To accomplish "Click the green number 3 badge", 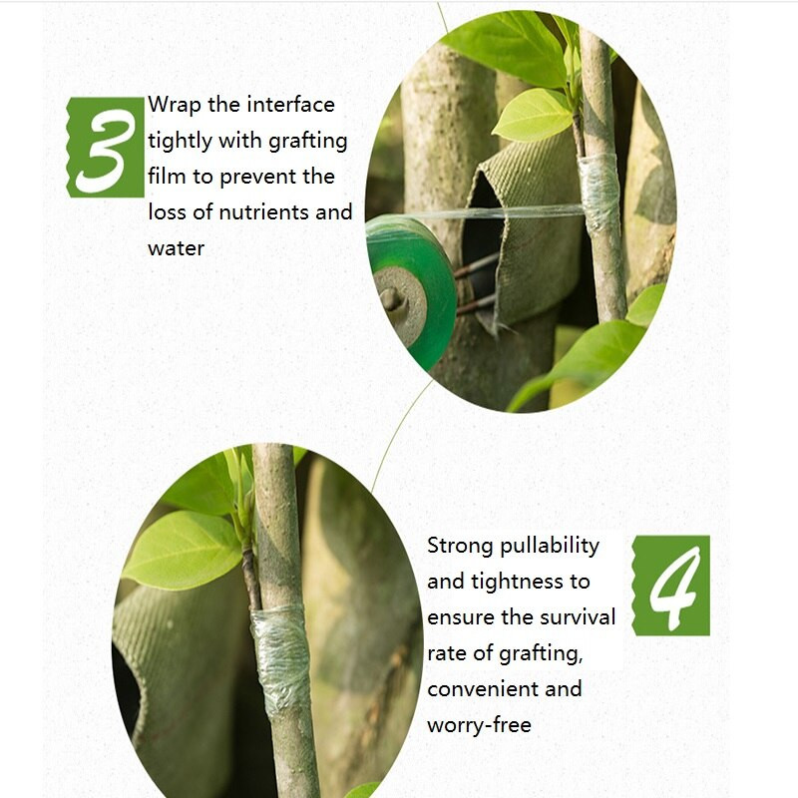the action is pos(106,147).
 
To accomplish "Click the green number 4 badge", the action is pos(670,586).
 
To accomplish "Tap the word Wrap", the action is pos(175,106).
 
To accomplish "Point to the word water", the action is pos(177,248).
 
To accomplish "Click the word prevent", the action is pos(258,178).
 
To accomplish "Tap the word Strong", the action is pos(461,546).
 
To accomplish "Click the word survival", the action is pos(578,616).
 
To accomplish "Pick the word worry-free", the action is pos(479,725).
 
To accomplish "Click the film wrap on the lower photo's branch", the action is pos(281,658).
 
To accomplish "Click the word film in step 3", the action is pos(167,177).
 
